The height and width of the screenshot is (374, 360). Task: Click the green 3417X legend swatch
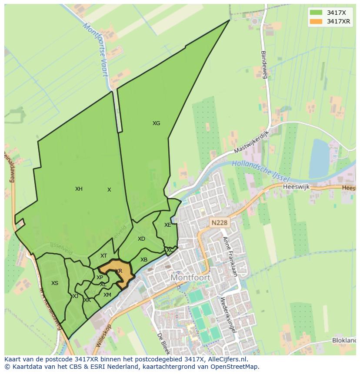coord(317,13)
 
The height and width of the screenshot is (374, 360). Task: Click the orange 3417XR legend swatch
coord(317,21)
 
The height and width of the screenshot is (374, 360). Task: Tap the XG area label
coord(156,123)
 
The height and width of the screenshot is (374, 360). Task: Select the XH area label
coord(79,189)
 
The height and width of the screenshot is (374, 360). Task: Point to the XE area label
coord(167,225)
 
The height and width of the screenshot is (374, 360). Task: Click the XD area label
coord(141,239)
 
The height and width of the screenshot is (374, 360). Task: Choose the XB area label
coord(144,260)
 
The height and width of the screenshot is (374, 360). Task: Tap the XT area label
coord(103,256)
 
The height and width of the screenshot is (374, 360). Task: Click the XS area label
coord(54,283)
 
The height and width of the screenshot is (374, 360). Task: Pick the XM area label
coord(107,295)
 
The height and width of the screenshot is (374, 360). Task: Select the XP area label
coord(100,278)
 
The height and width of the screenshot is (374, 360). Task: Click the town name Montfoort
coord(190,277)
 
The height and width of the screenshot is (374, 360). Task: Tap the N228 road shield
coord(219,223)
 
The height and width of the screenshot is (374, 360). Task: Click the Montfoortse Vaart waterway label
coord(96,49)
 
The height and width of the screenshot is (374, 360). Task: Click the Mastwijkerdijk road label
coord(252,142)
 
